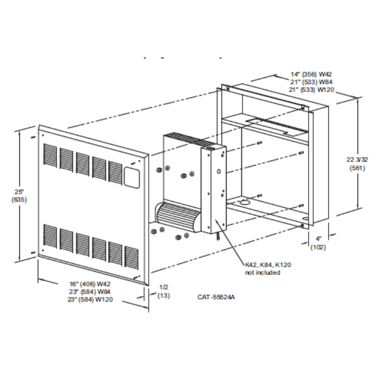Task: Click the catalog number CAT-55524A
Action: [x=216, y=296]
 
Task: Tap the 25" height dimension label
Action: [x=19, y=192]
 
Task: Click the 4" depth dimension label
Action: [x=318, y=240]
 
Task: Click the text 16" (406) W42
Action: [x=90, y=283]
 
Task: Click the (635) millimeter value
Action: [x=19, y=199]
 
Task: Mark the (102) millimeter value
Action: [x=318, y=248]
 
